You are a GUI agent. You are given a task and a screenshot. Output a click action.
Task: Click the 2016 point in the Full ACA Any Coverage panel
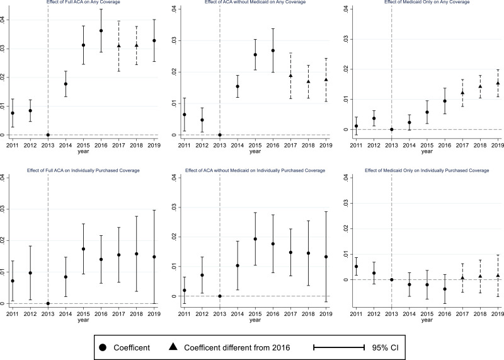click(x=101, y=31)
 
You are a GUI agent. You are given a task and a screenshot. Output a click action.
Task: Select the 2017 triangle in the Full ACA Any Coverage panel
click(x=119, y=45)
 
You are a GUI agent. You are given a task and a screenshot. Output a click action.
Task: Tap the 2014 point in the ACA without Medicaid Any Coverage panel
click(x=238, y=86)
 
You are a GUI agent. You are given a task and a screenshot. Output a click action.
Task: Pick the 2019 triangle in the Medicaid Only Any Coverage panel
click(x=498, y=83)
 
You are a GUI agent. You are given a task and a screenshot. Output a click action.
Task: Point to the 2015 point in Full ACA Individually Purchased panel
click(x=83, y=248)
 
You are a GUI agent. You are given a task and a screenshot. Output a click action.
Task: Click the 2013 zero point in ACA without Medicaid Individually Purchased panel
click(x=220, y=296)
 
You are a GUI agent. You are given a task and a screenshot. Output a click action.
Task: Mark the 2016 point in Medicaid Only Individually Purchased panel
click(x=445, y=289)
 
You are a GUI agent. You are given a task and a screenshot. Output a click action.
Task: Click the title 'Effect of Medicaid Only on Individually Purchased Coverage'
click(x=427, y=170)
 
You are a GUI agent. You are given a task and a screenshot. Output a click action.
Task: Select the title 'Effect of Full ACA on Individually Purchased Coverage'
click(x=83, y=170)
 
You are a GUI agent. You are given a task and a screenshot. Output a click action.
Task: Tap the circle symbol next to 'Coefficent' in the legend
click(x=103, y=347)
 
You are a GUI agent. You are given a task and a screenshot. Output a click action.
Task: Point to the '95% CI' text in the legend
click(x=385, y=348)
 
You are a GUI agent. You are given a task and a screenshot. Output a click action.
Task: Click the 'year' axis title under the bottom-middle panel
click(x=255, y=320)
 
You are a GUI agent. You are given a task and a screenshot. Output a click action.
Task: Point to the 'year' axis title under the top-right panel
click(x=427, y=151)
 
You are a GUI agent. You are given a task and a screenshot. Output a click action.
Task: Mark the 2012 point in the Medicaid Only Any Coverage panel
click(x=374, y=119)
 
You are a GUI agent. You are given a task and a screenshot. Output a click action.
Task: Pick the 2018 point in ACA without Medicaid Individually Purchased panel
click(x=308, y=253)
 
